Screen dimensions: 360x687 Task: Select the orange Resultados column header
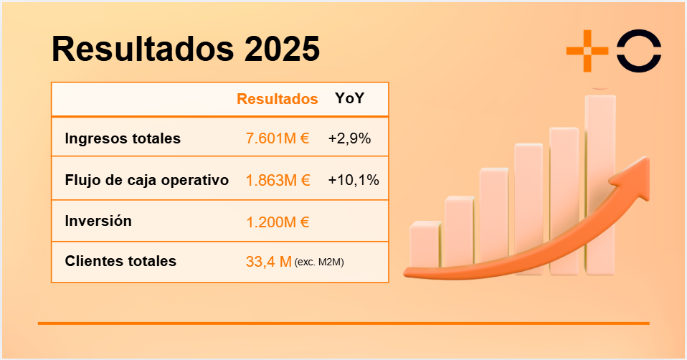(278, 99)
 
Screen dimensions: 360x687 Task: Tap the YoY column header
(349, 98)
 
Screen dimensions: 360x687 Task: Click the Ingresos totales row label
(123, 138)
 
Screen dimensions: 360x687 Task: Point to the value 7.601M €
(278, 138)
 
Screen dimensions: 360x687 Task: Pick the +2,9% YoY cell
(349, 138)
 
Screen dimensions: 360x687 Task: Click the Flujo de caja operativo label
(147, 180)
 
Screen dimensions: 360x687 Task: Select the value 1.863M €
(278, 180)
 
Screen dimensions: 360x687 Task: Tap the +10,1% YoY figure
(354, 180)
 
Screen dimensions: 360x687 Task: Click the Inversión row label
(98, 221)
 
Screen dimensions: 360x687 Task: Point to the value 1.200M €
(278, 222)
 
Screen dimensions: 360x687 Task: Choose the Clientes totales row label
(120, 261)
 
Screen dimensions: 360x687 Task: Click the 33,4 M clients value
(269, 262)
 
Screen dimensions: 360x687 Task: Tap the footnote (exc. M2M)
(319, 262)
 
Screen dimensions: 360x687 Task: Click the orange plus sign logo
(587, 51)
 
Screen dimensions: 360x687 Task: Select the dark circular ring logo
(640, 51)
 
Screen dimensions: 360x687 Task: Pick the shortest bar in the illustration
(425, 247)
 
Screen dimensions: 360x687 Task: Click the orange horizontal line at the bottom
(343, 323)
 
